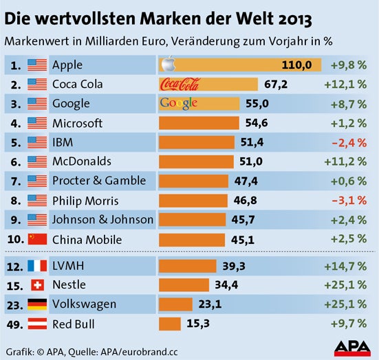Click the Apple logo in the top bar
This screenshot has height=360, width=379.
click(165, 65)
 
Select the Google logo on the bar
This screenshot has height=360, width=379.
click(178, 104)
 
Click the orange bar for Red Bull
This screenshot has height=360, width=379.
click(170, 323)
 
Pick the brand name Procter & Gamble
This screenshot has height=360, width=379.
click(99, 181)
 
